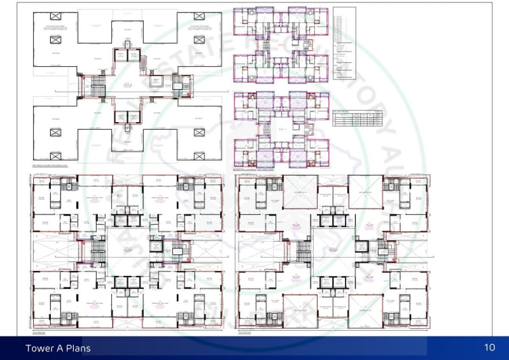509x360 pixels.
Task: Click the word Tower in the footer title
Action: point(39,348)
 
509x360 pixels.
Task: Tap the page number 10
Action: point(489,347)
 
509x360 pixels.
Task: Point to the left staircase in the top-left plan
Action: point(97,87)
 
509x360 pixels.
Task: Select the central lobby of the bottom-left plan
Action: point(127,252)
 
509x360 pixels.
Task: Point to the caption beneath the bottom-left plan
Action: point(39,331)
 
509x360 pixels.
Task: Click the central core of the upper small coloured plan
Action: point(280,45)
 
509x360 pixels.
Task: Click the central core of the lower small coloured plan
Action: point(280,130)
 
